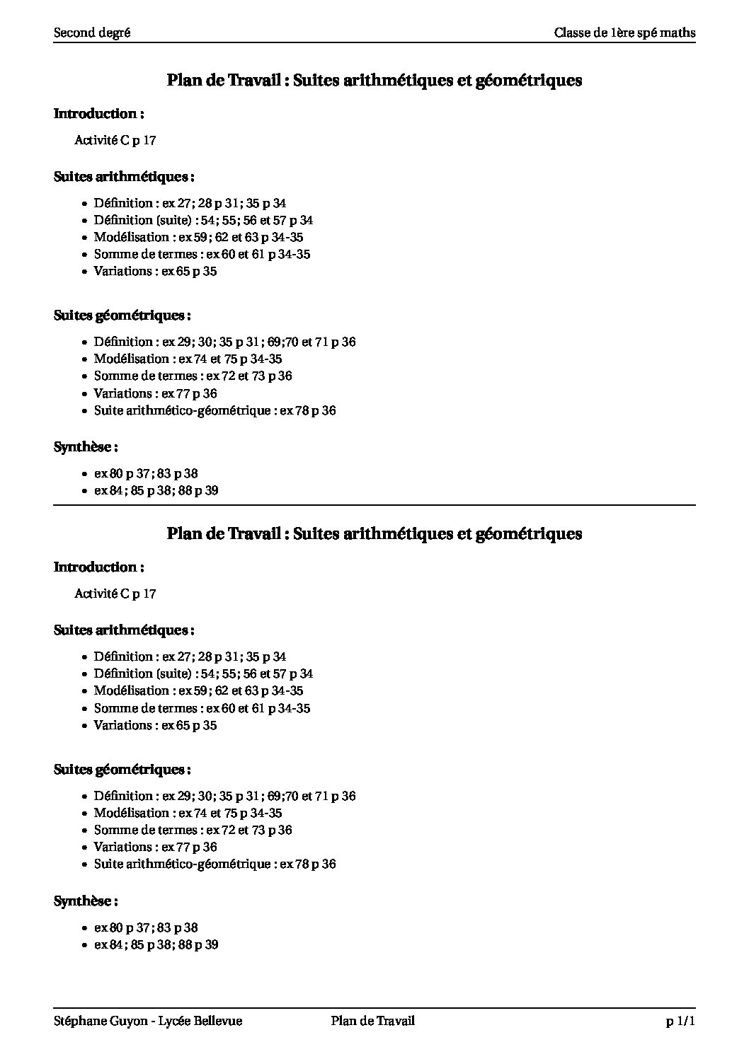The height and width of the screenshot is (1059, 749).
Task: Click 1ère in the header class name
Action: coord(623,33)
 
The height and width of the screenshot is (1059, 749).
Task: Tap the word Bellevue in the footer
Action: coord(218,1021)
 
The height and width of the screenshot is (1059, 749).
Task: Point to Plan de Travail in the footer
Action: coord(372,1021)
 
